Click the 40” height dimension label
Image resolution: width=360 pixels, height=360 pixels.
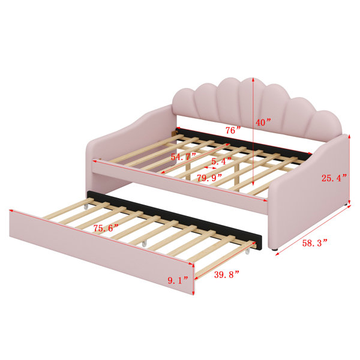pos(263,122)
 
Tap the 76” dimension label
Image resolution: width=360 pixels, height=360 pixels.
pos(233,130)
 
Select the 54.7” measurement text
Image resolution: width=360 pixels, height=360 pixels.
pos(183,157)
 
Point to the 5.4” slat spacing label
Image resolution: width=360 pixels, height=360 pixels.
pos(221,161)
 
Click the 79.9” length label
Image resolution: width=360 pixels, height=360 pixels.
pos(209,178)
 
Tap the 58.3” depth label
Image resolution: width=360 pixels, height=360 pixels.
pos(314,243)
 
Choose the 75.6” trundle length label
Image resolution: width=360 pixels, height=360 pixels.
pos(106,228)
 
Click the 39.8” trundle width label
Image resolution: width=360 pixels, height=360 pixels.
pos(227,274)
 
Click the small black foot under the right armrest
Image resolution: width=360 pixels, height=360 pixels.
pos(275,249)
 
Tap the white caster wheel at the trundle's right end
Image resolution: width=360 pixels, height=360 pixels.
pos(247,251)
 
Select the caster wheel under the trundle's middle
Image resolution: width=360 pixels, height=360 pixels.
pos(144,244)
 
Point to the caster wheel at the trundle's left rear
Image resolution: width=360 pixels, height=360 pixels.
pos(86,206)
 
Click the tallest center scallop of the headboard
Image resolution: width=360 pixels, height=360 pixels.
pos(229,100)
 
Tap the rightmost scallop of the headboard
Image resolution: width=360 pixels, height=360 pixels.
pos(325,126)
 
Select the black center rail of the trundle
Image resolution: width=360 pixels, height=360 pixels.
pos(175,217)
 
